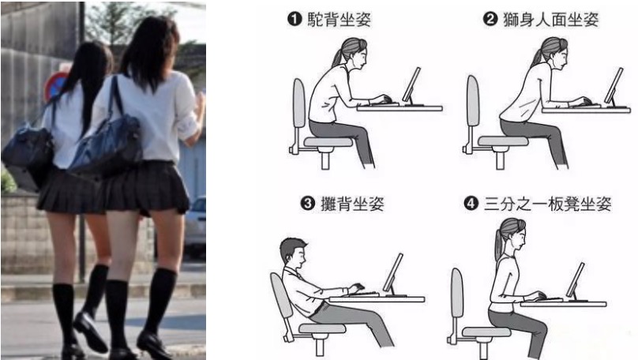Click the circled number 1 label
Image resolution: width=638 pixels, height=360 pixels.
(295, 19)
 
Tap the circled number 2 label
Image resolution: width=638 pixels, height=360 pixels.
(490, 19)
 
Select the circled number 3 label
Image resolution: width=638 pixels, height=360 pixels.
(308, 203)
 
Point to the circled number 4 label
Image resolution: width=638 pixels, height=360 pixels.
(471, 203)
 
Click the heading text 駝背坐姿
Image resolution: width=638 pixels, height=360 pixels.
(340, 19)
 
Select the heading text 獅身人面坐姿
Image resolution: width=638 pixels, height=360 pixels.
(551, 19)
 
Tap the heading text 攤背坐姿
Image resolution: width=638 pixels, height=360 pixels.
(352, 204)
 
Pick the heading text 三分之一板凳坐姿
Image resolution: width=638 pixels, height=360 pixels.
(548, 204)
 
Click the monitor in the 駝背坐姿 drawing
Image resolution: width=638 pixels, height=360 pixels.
(411, 86)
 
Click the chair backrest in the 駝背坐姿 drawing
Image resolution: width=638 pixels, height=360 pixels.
(299, 103)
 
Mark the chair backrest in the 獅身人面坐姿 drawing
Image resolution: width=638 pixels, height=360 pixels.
(473, 100)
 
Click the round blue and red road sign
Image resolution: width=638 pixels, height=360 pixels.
(56, 86)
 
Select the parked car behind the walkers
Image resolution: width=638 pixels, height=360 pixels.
(195, 226)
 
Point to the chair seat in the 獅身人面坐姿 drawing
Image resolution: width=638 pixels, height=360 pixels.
(503, 141)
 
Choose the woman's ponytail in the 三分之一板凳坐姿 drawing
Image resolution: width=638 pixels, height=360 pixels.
(499, 243)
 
